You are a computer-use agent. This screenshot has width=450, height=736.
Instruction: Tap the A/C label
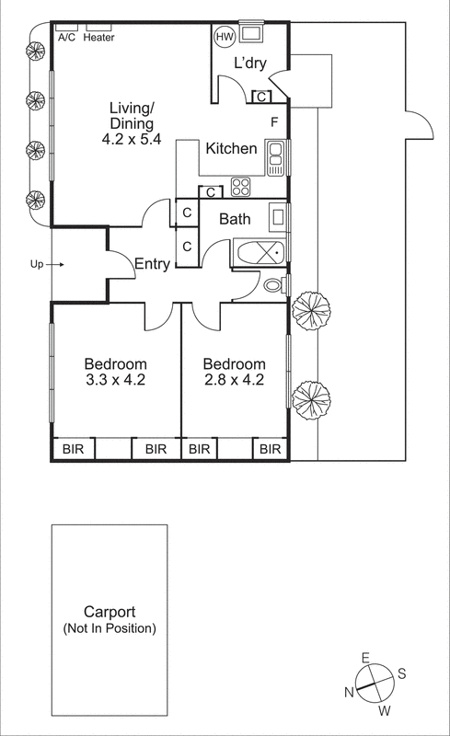[67, 38]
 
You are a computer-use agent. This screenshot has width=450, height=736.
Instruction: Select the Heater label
[98, 38]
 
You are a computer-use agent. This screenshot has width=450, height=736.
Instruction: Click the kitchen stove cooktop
[241, 187]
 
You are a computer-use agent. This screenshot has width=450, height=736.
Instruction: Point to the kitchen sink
[275, 157]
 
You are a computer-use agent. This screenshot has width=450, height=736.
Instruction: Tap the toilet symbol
[274, 285]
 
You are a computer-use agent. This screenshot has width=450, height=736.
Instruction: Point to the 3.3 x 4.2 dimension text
[116, 379]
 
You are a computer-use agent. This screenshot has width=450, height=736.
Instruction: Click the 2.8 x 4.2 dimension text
[234, 379]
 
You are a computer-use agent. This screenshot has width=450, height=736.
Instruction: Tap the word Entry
[152, 264]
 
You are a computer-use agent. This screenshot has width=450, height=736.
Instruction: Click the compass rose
[374, 684]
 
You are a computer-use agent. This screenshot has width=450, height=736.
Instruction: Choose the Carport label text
[110, 612]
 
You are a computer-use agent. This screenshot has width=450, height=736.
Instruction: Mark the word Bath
[236, 220]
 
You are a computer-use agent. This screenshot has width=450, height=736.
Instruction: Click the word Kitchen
[231, 148]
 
